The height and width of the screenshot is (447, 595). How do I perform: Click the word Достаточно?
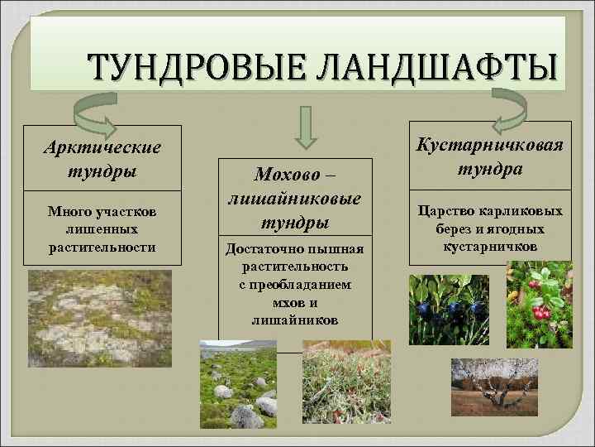[260, 249]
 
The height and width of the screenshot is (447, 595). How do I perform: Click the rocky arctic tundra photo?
[100, 318]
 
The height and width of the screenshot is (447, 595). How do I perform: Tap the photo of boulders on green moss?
[245, 384]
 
